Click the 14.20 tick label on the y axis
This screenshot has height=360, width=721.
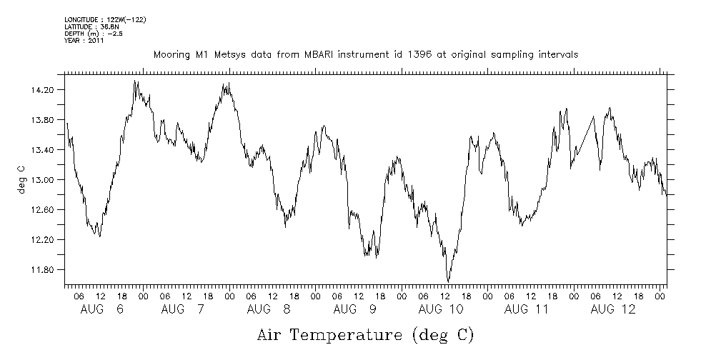44,90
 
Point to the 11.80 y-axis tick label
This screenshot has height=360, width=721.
44,270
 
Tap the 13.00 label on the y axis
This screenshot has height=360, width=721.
44,180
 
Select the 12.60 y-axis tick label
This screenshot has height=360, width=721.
44,210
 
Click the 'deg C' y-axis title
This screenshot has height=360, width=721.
21,180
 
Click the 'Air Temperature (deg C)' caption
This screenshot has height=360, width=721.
365,334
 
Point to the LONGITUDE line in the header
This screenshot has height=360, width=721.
106,19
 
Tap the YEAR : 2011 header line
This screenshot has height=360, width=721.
84,41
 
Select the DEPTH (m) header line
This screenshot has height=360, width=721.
93,34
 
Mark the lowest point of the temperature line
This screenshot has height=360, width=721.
448,281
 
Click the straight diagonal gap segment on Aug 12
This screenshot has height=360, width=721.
583,134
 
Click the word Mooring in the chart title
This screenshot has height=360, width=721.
170,54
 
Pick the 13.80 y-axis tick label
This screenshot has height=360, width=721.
44,120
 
